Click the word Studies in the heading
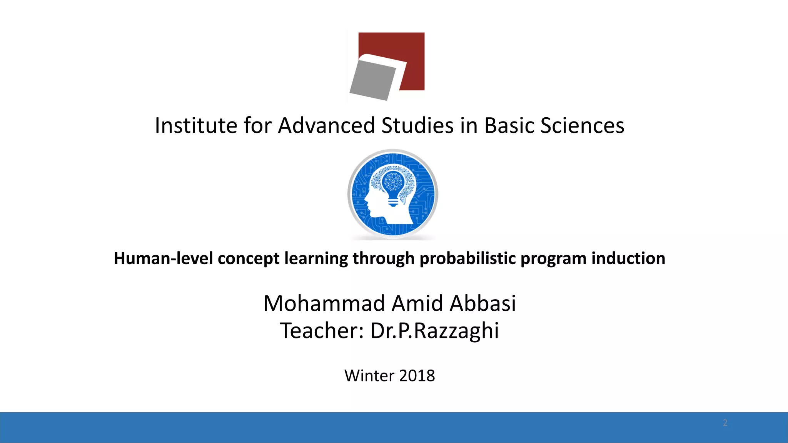click(417, 126)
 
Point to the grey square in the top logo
click(372, 81)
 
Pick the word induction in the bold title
click(628, 258)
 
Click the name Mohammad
click(324, 303)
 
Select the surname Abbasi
click(482, 303)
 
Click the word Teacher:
click(322, 331)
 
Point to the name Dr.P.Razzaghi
click(434, 331)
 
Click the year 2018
click(417, 376)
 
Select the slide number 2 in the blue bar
click(725, 423)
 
